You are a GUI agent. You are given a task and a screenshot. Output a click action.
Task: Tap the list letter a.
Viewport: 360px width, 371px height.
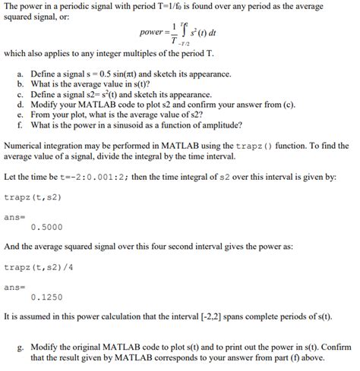20,74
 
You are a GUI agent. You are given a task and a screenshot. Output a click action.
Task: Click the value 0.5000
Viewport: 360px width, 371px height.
46,226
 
